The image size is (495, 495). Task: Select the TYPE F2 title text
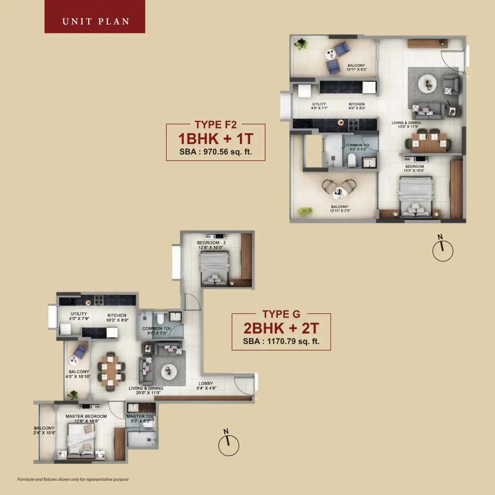[x=215, y=125]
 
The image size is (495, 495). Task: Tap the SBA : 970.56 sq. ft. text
[x=215, y=152]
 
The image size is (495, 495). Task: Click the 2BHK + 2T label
[x=281, y=328]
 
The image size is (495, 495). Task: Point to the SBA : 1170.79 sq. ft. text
[x=281, y=342]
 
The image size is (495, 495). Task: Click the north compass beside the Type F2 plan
[x=443, y=250]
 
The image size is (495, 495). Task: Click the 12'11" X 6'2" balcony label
[x=356, y=68]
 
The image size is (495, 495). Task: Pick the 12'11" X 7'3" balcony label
[x=340, y=209]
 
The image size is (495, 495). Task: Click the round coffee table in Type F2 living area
[x=427, y=83]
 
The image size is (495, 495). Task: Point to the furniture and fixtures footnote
[x=73, y=479]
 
